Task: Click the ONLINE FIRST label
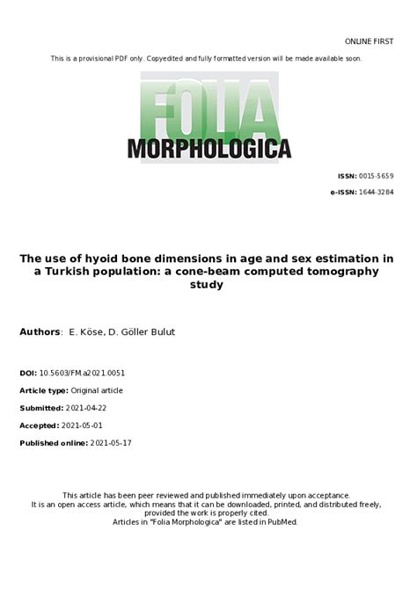point(369,41)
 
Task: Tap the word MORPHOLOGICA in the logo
point(209,149)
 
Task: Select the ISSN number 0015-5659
point(376,176)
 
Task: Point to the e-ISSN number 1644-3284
point(376,191)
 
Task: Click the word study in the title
point(208,285)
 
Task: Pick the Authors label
point(40,331)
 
